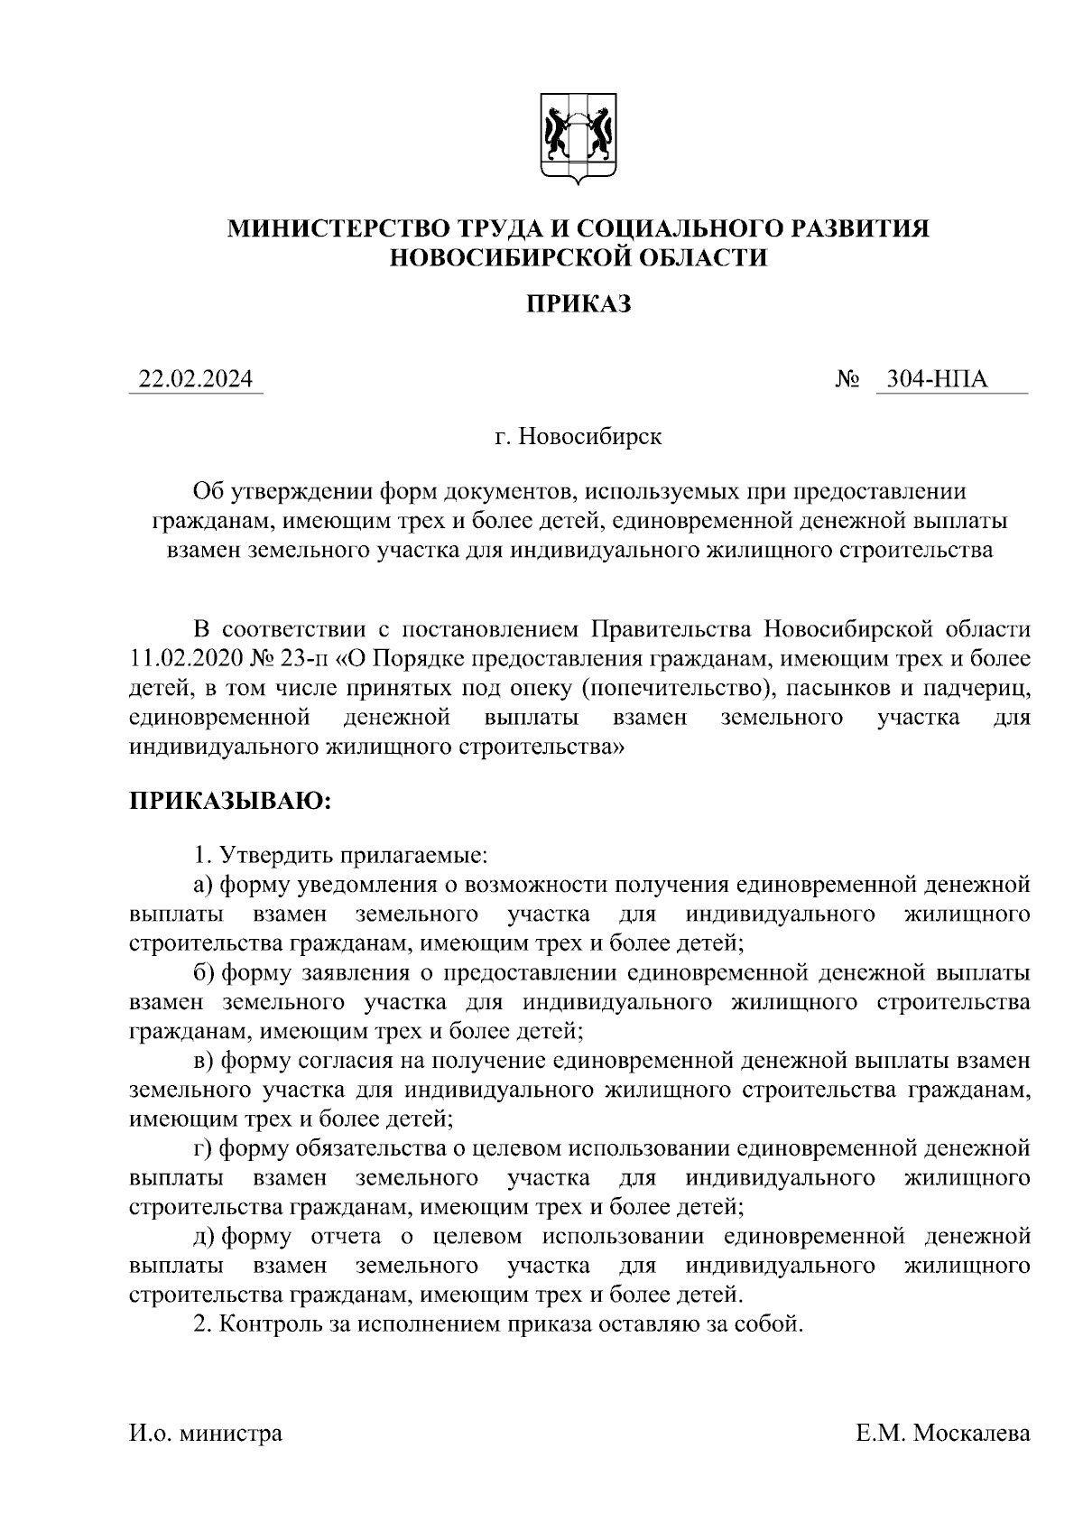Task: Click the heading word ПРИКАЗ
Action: [x=579, y=304]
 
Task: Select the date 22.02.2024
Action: [x=196, y=380]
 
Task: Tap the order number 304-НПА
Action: [x=937, y=380]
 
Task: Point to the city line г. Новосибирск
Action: [x=579, y=437]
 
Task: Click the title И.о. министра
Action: [x=206, y=1433]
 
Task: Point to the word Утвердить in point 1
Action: [x=275, y=853]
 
